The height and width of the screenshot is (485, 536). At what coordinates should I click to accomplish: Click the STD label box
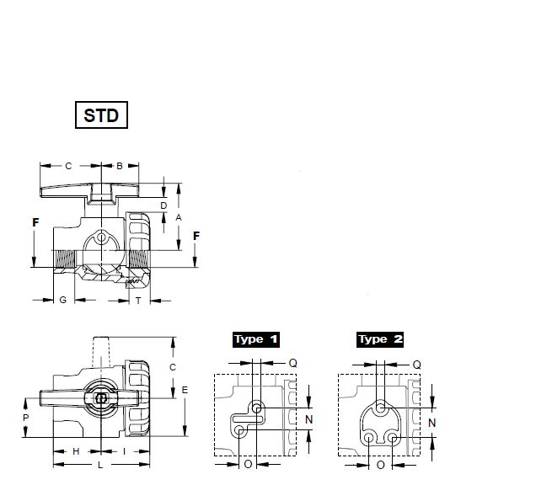click(101, 115)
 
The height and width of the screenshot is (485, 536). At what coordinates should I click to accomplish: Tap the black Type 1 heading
click(256, 339)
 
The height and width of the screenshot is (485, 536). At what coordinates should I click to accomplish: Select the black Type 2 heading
click(380, 339)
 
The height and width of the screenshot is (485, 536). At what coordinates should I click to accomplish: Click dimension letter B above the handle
click(120, 166)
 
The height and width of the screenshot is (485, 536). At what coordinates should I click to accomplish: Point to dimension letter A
click(179, 217)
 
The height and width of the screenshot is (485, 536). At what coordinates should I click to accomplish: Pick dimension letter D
click(163, 205)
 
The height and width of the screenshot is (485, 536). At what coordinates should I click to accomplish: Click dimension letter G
click(63, 300)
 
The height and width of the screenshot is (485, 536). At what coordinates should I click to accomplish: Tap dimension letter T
click(138, 301)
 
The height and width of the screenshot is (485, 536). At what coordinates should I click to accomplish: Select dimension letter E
click(185, 390)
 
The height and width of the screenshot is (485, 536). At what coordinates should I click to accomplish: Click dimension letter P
click(25, 418)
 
